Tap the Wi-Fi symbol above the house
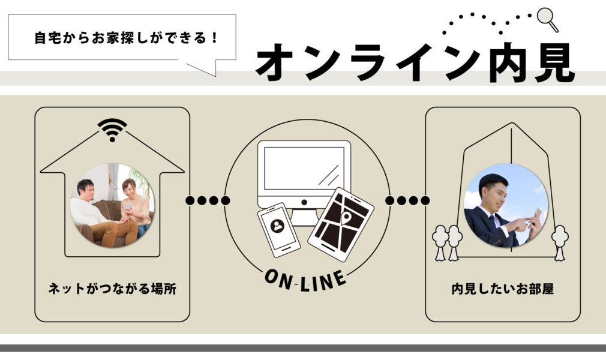[112, 130]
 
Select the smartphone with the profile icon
[277, 229]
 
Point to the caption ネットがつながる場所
[112, 289]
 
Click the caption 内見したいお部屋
[503, 289]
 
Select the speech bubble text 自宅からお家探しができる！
[125, 38]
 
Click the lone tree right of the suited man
[560, 241]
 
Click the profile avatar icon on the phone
[277, 226]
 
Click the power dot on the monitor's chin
[304, 203]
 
